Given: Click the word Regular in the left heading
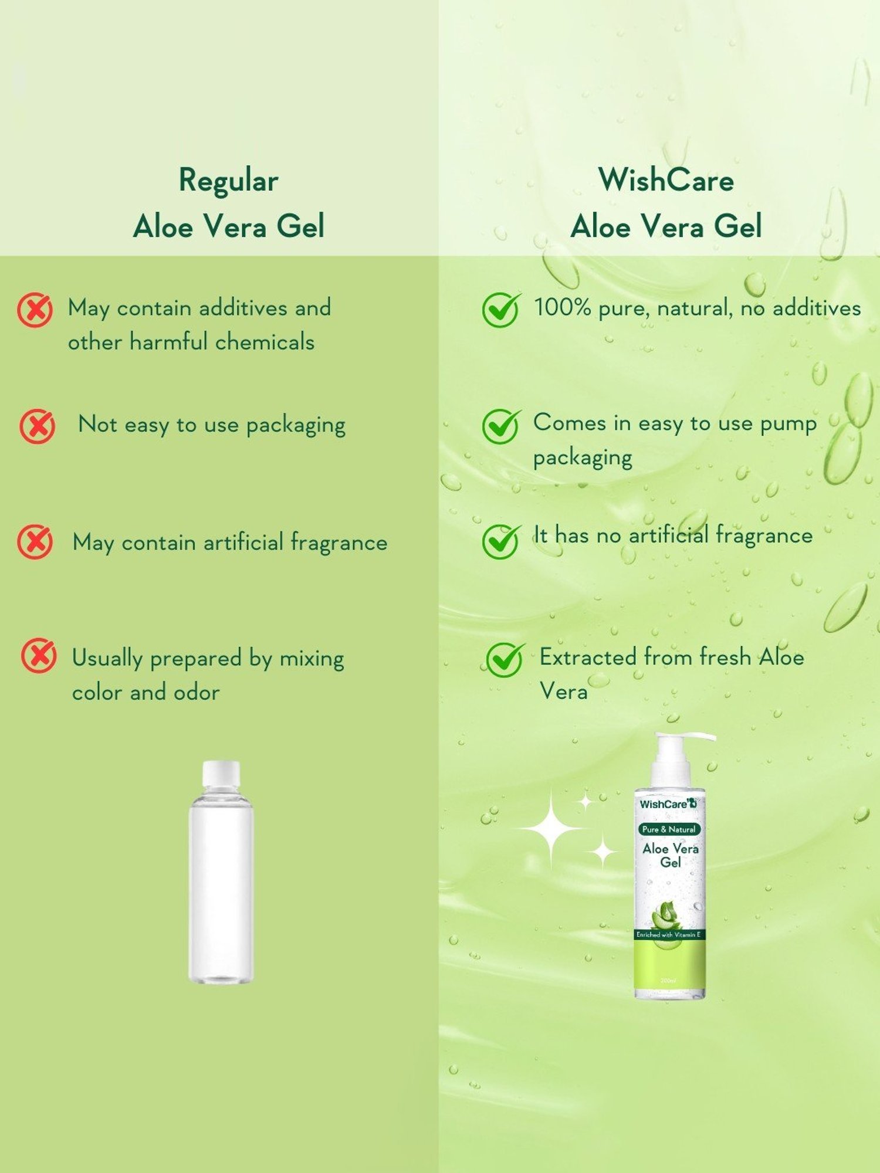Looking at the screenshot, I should [x=228, y=181].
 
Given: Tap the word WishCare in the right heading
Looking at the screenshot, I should [x=666, y=179].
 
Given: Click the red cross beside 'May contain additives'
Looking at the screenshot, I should [x=35, y=310].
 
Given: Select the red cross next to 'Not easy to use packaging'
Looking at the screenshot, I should [x=38, y=426].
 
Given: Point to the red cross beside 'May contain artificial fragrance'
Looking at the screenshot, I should [x=35, y=541].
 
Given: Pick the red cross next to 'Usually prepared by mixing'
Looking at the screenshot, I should [x=39, y=655].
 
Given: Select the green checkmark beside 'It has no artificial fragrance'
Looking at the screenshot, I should [x=500, y=541].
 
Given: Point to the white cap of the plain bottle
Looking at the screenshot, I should [x=221, y=774].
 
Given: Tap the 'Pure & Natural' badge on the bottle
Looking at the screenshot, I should [x=669, y=829].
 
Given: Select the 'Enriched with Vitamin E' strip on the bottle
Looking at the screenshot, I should [x=669, y=935].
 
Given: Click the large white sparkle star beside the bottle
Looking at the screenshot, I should [x=551, y=828].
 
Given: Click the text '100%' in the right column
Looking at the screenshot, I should [x=562, y=307].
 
